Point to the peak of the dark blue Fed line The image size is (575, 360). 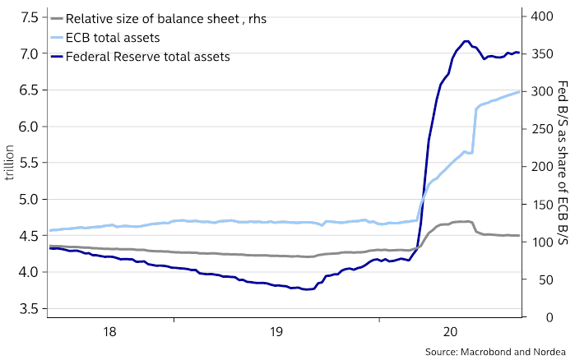pos(466,41)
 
